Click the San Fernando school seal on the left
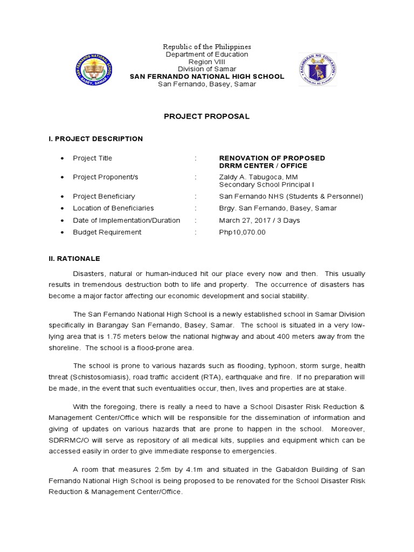(94, 70)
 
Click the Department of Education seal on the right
(318, 70)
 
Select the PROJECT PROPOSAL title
(207, 116)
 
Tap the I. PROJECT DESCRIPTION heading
(95, 139)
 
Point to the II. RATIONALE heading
(74, 259)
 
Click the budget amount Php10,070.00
(242, 232)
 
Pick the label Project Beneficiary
(104, 196)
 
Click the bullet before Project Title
(63, 158)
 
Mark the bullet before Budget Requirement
(63, 232)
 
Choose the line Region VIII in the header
(207, 61)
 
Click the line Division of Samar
(207, 69)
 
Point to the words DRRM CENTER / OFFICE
(263, 165)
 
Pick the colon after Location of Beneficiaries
(196, 208)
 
